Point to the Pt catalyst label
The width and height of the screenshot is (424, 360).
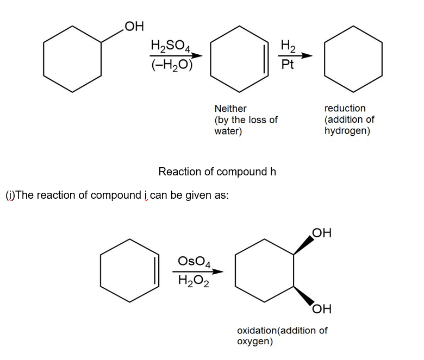(x=288, y=65)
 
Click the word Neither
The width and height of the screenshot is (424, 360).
(x=230, y=109)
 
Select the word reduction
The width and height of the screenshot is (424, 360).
(x=345, y=109)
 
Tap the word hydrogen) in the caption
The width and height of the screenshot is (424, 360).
(x=347, y=131)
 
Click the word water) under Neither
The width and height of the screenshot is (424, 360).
(x=228, y=131)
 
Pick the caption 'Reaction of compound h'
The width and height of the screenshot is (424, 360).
(x=217, y=172)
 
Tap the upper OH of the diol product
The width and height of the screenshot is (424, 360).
(x=321, y=233)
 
